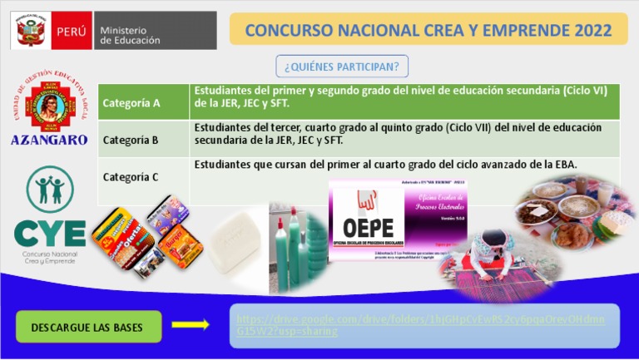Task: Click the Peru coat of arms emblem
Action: click(x=31, y=32)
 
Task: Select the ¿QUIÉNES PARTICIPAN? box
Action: click(x=342, y=66)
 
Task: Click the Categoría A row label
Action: click(x=131, y=103)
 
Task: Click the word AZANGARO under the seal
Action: click(x=49, y=141)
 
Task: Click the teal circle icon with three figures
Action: click(x=49, y=189)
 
